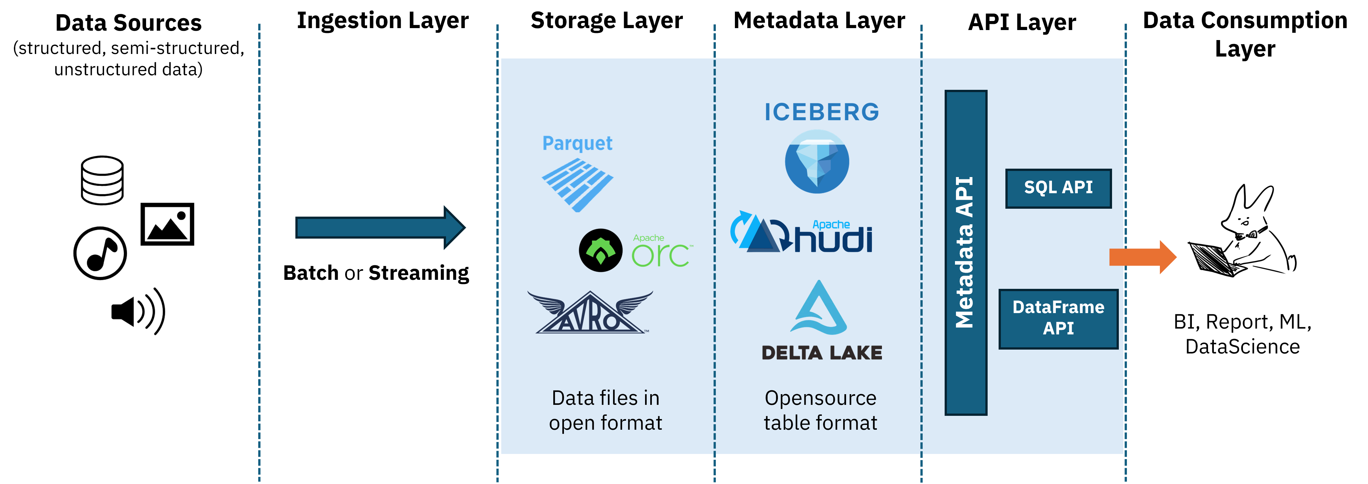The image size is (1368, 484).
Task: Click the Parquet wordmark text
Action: (x=577, y=143)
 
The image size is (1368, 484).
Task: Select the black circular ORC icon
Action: (x=601, y=250)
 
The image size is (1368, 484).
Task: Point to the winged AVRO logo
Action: (x=590, y=313)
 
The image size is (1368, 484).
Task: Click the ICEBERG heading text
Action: (x=822, y=112)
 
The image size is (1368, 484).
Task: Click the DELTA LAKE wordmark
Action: (x=822, y=353)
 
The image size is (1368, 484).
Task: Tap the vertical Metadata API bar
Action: (x=965, y=253)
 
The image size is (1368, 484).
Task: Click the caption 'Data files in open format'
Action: (x=605, y=410)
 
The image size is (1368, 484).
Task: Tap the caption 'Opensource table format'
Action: (x=821, y=410)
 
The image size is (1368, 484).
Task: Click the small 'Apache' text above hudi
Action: (x=831, y=225)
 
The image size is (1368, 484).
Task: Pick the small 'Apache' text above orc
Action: (x=648, y=238)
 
